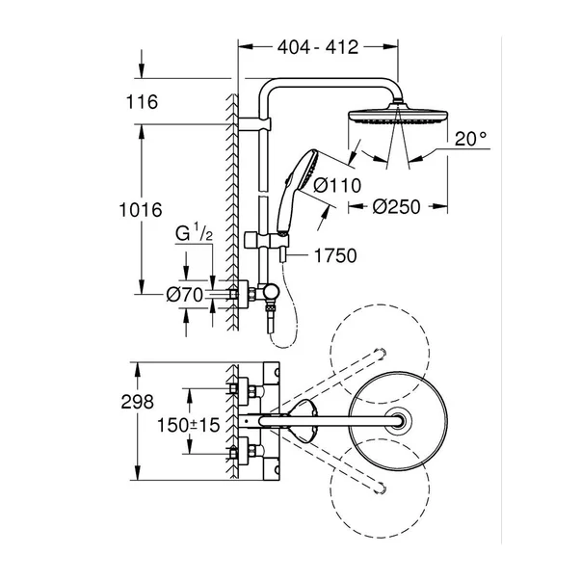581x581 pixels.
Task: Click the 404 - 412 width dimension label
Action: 319,45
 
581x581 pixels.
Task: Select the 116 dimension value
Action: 142,102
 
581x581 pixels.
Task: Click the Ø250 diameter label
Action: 397,207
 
